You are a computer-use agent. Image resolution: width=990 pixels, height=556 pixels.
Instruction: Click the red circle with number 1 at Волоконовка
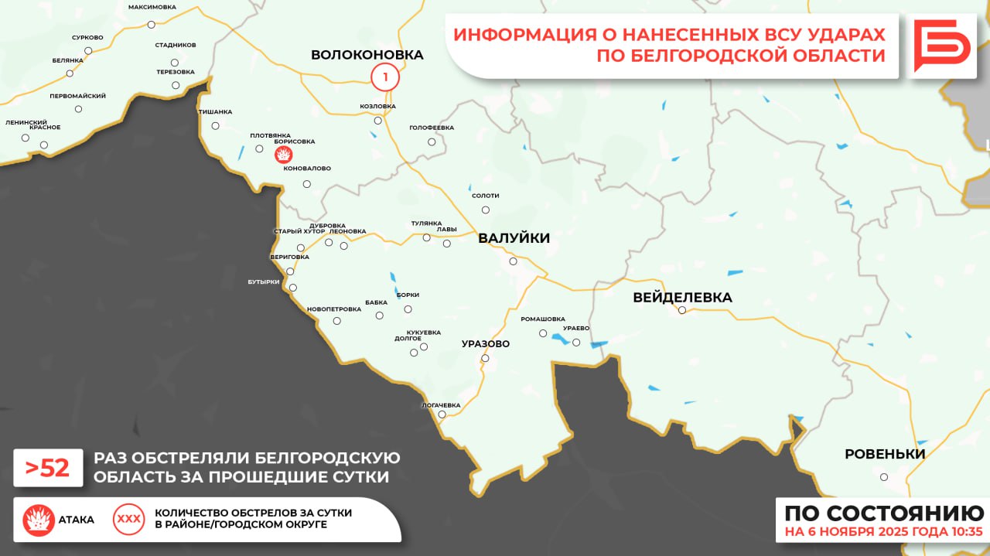click(x=384, y=77)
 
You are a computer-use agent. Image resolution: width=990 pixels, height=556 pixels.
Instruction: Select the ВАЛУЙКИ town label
click(x=514, y=238)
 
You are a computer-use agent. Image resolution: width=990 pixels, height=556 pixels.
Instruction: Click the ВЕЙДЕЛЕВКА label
click(x=681, y=298)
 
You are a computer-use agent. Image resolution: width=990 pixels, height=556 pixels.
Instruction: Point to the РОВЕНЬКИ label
click(x=884, y=454)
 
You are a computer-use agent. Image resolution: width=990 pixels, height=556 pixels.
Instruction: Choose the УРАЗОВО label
click(x=485, y=343)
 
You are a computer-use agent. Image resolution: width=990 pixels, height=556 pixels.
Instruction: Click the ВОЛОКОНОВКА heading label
click(x=367, y=55)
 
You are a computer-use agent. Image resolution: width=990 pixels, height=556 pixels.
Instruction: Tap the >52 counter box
click(x=48, y=468)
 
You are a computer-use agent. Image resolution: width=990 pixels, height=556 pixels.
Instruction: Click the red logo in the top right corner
click(x=940, y=46)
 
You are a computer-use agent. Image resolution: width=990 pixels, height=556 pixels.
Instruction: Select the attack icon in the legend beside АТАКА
click(x=38, y=520)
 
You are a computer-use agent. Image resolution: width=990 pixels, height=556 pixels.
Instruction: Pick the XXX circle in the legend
click(x=128, y=520)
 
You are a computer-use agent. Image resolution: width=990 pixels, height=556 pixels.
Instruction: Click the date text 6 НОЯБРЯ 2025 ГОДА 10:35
click(x=883, y=532)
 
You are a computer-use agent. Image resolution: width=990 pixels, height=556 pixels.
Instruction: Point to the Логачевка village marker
click(x=442, y=414)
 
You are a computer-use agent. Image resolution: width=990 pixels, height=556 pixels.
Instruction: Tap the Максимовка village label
click(x=152, y=7)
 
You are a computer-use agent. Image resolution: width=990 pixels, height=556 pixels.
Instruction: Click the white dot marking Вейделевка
click(x=682, y=310)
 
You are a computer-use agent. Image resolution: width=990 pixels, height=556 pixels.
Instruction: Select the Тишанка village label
click(x=215, y=112)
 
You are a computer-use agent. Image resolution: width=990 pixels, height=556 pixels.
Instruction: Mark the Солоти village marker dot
click(x=486, y=210)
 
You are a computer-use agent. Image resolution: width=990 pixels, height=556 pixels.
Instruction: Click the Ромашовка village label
click(x=542, y=319)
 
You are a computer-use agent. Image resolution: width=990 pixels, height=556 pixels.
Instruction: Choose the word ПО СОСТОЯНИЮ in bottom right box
click(x=884, y=513)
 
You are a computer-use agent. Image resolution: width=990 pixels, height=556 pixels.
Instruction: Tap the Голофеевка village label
click(x=432, y=128)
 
